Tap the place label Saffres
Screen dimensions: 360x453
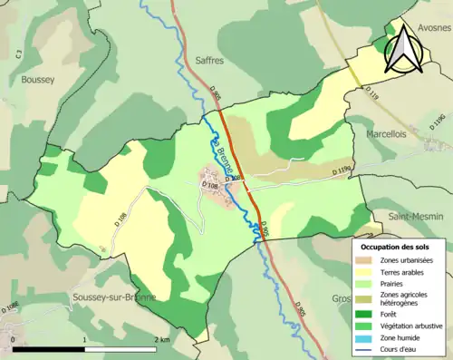point(208,60)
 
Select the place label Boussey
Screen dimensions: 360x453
point(39,80)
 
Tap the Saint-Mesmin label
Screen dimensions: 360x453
point(416,217)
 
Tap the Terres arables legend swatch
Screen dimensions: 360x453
point(367,273)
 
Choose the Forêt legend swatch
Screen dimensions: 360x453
point(367,315)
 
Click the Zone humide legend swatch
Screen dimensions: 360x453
point(367,338)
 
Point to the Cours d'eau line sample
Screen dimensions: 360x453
point(367,350)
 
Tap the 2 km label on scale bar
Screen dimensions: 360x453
point(162,339)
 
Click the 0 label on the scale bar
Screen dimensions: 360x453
point(13,339)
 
